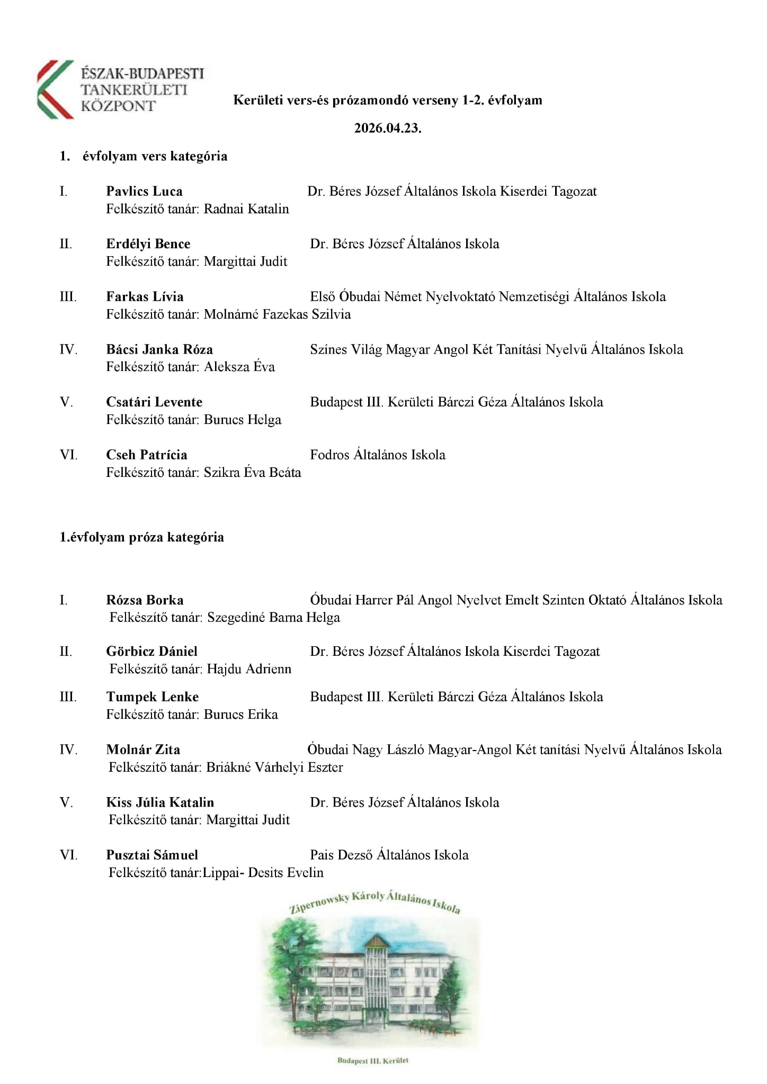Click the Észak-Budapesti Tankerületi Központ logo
[121, 89]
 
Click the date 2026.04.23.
[388, 129]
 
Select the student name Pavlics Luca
[144, 191]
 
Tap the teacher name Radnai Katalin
[246, 209]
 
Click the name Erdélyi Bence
[148, 244]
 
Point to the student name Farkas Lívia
[145, 297]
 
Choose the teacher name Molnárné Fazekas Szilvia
[277, 314]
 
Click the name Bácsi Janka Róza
[159, 350]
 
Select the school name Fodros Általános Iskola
[378, 455]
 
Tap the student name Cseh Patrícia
[146, 455]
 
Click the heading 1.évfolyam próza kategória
[141, 537]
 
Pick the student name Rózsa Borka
[145, 600]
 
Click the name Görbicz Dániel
[151, 652]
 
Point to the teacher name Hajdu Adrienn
[249, 669]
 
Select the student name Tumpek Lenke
[152, 697]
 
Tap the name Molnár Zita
[143, 750]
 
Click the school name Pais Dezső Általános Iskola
[389, 855]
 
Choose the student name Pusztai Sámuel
[152, 855]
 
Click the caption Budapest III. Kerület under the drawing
[373, 1061]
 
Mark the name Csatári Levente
[154, 402]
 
